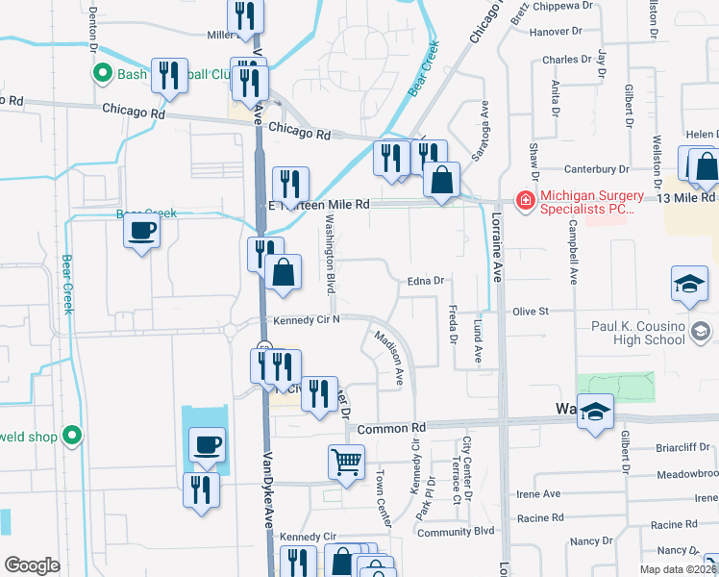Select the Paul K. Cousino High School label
[x=638, y=333]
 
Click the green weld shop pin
[x=70, y=436]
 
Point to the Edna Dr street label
[x=423, y=281]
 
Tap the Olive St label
[x=530, y=312]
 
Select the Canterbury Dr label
[x=596, y=169]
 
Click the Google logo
[x=32, y=565]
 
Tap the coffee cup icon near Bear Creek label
[x=141, y=231]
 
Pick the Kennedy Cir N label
[x=307, y=320]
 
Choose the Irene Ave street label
[x=538, y=494]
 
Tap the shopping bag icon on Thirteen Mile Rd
[x=441, y=180]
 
